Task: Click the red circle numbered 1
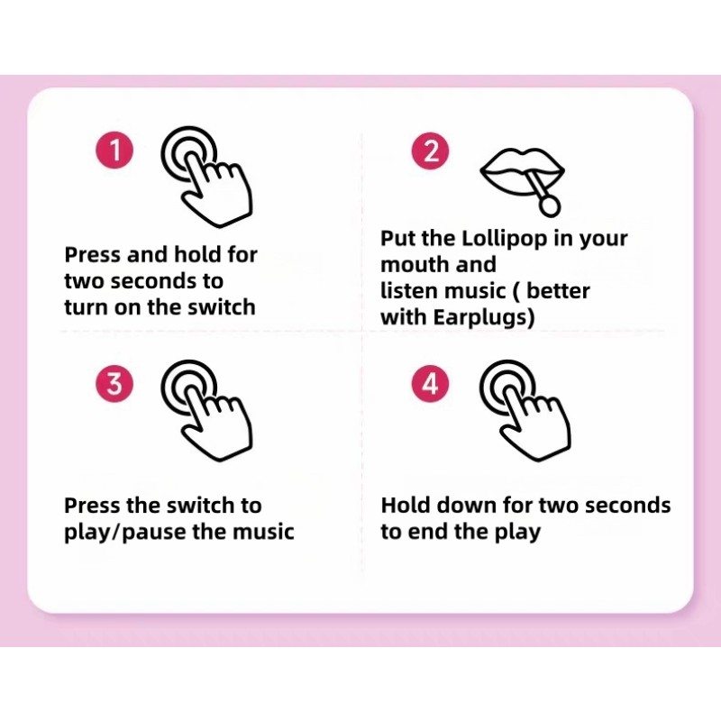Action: [x=114, y=150]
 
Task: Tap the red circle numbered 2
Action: [x=430, y=150]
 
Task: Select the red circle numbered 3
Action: [x=114, y=385]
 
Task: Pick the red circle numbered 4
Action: [x=430, y=385]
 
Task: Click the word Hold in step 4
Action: [x=407, y=505]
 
